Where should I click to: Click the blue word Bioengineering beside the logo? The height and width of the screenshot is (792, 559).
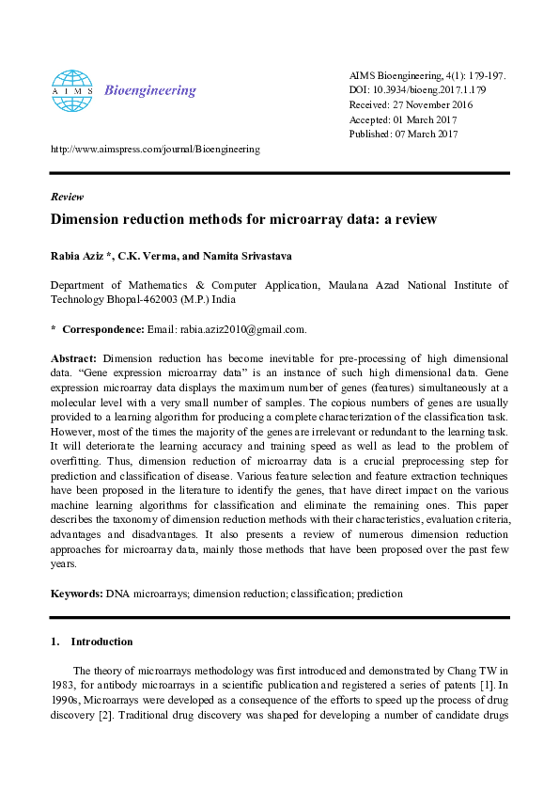pos(150,91)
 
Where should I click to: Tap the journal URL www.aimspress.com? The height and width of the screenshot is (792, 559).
pos(154,149)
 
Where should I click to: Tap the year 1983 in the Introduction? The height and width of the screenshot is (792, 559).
pos(64,686)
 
